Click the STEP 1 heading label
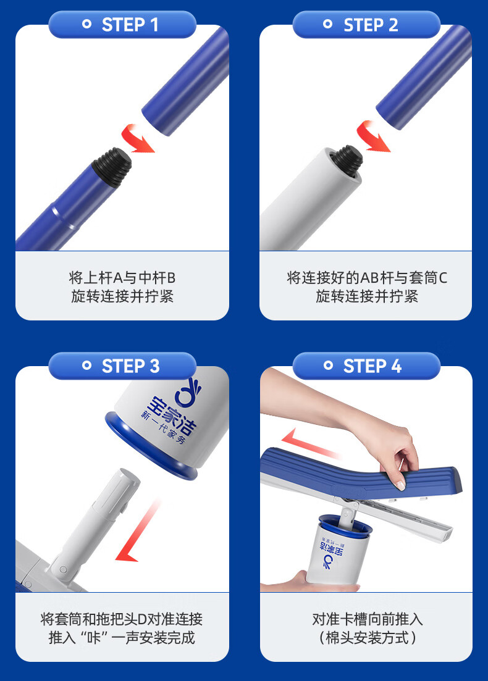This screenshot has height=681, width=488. click(x=130, y=25)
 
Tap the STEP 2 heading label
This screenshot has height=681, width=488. click(x=371, y=25)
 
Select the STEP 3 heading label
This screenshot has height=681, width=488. click(x=130, y=366)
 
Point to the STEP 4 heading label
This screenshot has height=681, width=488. click(x=372, y=366)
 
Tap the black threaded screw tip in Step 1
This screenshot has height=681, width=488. click(x=112, y=167)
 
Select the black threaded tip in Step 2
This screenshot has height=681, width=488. click(x=347, y=161)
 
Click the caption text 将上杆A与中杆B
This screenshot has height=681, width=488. click(x=122, y=277)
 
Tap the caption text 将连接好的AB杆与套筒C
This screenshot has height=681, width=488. click(x=367, y=277)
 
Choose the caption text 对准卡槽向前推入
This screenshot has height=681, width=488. click(x=367, y=619)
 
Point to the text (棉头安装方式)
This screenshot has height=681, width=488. click(x=367, y=638)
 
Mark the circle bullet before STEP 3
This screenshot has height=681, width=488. click(x=87, y=366)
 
